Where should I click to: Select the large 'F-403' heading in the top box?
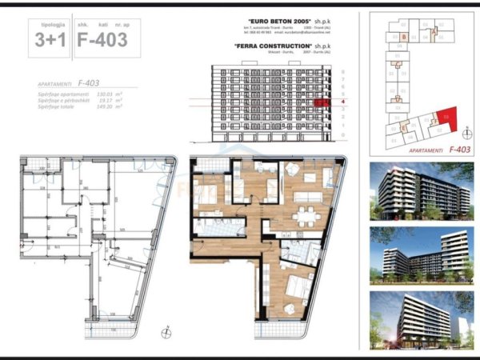(101, 40)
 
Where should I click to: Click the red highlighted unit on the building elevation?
(322, 102)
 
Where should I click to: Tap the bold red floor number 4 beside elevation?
(342, 102)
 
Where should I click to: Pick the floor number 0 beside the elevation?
(342, 135)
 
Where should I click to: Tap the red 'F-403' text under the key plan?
(458, 149)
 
